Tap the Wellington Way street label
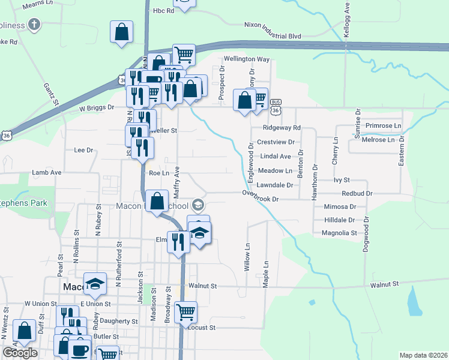pos(247,59)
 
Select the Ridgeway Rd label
pos(281,128)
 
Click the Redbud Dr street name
pos(357,194)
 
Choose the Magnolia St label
pos(339,233)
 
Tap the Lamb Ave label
pos(47,172)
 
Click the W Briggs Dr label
pos(97,108)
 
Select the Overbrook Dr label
pos(261,196)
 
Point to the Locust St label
pos(202,328)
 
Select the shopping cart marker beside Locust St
pos(185,312)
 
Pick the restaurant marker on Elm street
pos(178,242)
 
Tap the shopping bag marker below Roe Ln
pos(157,201)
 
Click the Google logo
pos(20,353)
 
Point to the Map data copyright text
pos(424,355)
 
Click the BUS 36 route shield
pos(276,106)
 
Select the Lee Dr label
pos(83,150)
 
